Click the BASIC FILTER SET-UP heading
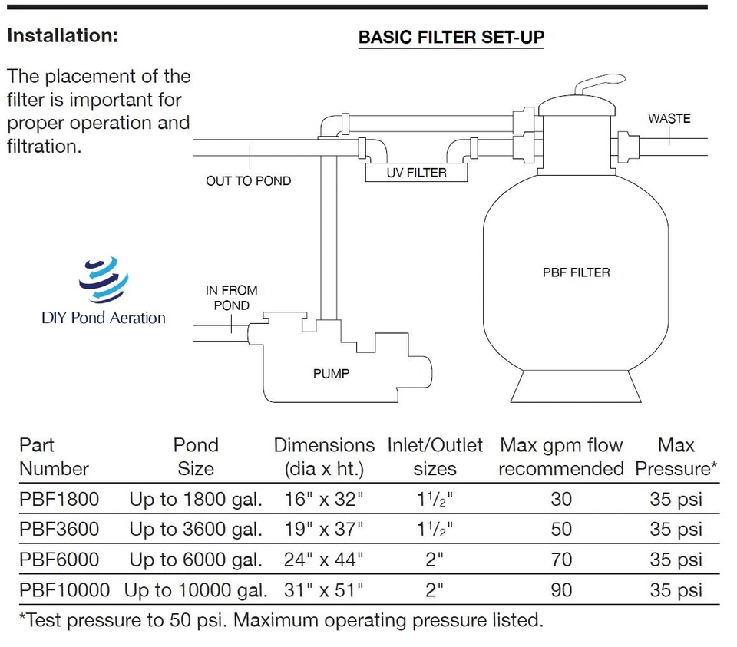click(x=451, y=37)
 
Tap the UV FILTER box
click(x=416, y=173)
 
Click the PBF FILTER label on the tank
click(x=577, y=272)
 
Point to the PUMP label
click(x=332, y=374)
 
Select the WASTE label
click(x=669, y=118)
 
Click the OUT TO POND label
click(x=249, y=181)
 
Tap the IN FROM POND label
click(x=231, y=298)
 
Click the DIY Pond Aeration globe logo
click(x=104, y=279)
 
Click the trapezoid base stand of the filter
click(x=576, y=386)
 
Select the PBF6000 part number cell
click(x=59, y=560)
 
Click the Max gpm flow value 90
click(x=561, y=590)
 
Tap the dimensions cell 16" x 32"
click(x=323, y=499)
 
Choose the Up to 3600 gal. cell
click(x=196, y=530)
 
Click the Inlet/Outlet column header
click(x=435, y=457)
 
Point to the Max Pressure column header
click(x=676, y=457)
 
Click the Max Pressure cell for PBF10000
click(x=676, y=590)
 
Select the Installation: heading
click(x=62, y=36)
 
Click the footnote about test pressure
click(x=281, y=620)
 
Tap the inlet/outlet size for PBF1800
click(x=435, y=499)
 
